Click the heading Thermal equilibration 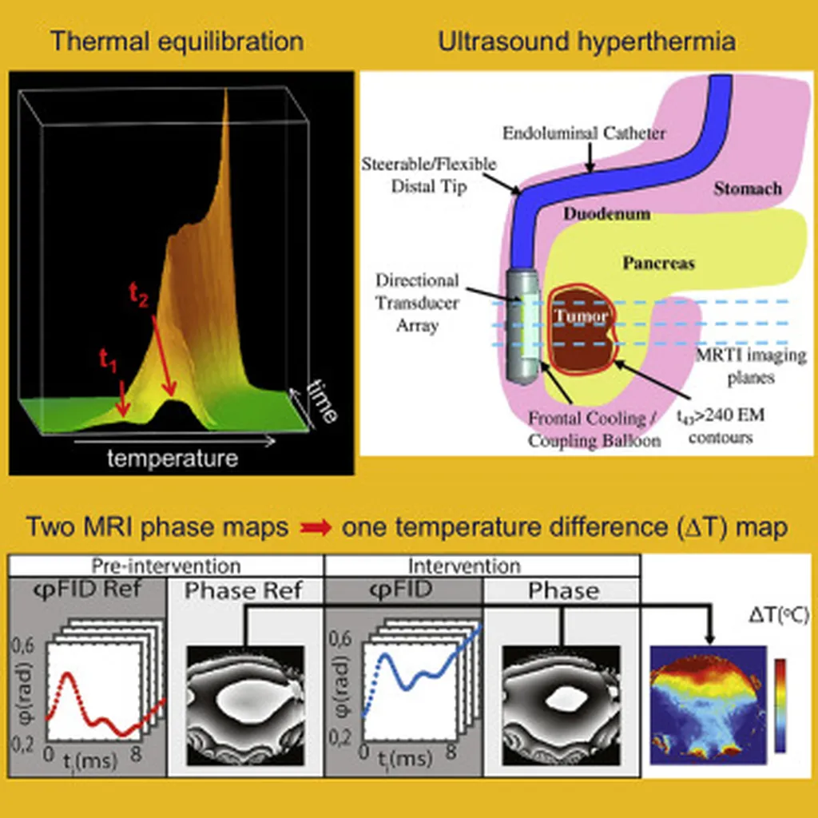(177, 41)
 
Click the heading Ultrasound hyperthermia (587, 41)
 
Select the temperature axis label (173, 459)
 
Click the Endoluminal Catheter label (584, 133)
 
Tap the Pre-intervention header (166, 566)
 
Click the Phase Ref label (246, 591)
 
